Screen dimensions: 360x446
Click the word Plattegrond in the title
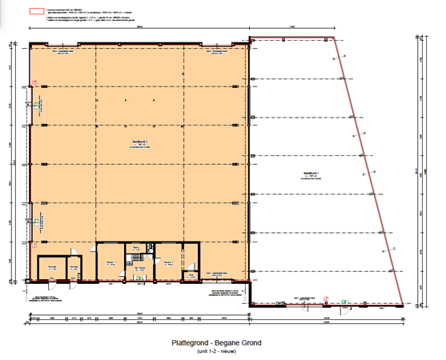191,343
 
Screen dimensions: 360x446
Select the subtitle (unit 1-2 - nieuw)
216,352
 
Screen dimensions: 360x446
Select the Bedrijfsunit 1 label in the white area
311,174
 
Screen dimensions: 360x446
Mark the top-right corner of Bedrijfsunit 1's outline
330,38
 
